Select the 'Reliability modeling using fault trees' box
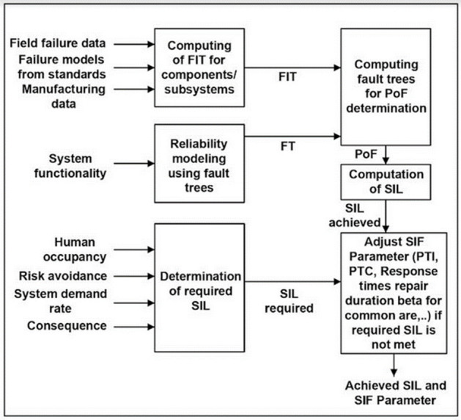199,163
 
